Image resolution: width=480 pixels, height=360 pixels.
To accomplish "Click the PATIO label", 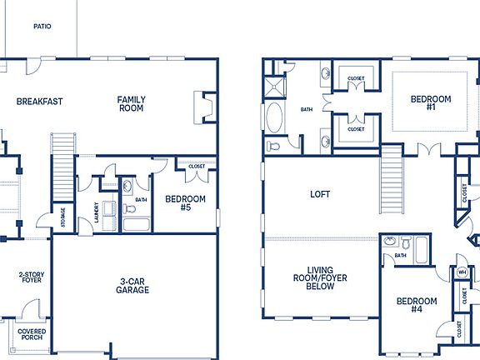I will (42, 27).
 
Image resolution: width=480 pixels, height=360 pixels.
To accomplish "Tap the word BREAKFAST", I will (39, 102).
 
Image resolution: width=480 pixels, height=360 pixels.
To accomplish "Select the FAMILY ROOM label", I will (132, 103).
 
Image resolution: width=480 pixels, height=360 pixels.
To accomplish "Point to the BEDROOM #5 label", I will (178, 203).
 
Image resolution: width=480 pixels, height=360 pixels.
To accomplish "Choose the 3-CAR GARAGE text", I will (132, 286).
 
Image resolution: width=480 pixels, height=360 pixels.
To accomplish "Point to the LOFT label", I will (320, 194).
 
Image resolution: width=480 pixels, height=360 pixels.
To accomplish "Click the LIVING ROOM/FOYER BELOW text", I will (320, 277).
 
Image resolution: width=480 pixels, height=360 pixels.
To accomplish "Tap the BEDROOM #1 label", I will (431, 103).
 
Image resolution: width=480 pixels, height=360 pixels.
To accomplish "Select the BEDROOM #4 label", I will (416, 306).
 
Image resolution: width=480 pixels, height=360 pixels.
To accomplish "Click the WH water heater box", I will (462, 272).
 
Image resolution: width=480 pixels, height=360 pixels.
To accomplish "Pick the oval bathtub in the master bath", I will (274, 118).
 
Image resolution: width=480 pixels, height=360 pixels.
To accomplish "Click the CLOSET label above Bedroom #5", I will (197, 167).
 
